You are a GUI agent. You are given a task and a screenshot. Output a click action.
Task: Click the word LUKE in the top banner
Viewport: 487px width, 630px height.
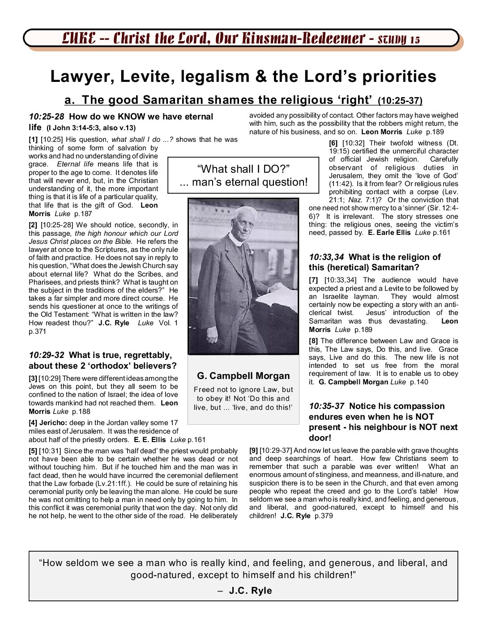[79, 38]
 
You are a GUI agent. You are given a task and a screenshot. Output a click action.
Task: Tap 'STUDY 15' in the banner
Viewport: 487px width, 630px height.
[399, 39]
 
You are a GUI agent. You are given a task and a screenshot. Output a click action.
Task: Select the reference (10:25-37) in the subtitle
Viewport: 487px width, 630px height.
[400, 101]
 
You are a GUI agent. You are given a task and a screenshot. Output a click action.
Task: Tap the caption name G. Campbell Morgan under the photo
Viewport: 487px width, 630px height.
[243, 376]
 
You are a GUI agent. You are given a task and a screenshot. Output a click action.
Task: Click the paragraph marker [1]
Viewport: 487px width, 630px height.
[33, 140]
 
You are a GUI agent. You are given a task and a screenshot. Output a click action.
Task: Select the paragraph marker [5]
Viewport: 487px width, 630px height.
[33, 451]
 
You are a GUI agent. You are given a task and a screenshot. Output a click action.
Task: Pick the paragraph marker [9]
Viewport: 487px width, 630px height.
[254, 451]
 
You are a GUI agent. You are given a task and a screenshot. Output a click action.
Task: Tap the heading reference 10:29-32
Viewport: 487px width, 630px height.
[47, 355]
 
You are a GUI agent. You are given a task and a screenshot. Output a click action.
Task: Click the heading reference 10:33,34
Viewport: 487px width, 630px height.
[326, 257]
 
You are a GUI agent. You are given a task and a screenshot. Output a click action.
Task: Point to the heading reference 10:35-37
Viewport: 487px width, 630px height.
[326, 406]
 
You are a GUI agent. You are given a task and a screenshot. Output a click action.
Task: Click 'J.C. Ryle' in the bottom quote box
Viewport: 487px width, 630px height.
[250, 591]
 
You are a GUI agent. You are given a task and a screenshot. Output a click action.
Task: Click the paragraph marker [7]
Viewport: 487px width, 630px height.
[313, 280]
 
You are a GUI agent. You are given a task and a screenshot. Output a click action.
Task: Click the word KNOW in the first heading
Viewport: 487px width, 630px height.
[132, 117]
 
